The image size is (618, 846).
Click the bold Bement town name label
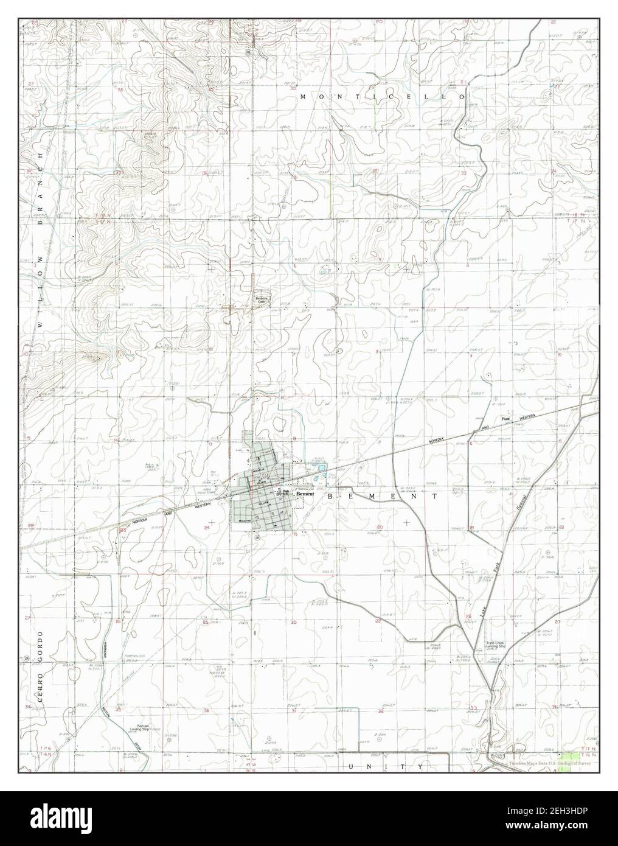click(x=305, y=494)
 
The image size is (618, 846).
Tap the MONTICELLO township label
click(x=382, y=97)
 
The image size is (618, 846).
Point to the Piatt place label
click(x=504, y=419)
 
